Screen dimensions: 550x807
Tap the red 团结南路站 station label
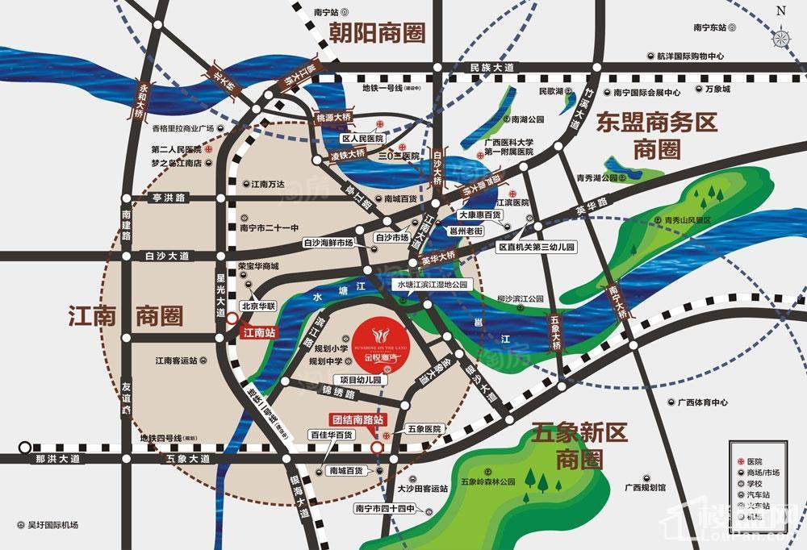point(358,419)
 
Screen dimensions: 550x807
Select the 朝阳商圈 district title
point(376,32)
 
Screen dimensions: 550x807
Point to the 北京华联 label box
point(260,306)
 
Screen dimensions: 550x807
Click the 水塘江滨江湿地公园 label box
point(432,285)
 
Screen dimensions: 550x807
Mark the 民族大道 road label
point(491,68)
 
